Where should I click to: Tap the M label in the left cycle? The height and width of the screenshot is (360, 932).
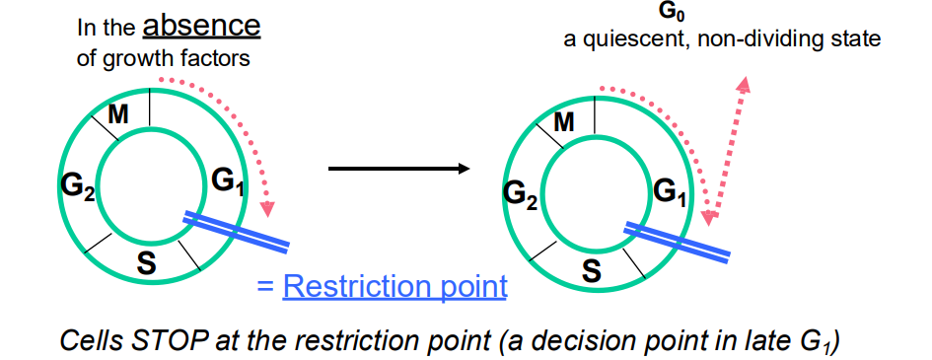click(118, 114)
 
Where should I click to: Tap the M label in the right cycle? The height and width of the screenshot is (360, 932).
click(564, 122)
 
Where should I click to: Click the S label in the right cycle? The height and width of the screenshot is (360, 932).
click(591, 270)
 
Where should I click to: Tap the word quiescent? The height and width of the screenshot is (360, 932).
click(628, 40)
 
